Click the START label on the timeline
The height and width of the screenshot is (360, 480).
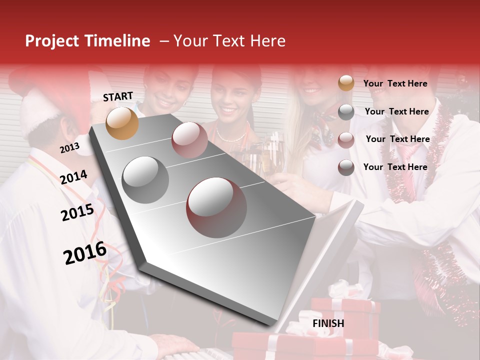tap(118, 96)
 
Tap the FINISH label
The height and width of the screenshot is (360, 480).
tap(328, 323)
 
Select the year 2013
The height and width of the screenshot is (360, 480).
tap(69, 148)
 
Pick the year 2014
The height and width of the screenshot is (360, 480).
tap(74, 177)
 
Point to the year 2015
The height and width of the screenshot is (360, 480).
tap(77, 213)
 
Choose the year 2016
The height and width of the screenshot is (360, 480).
tap(85, 253)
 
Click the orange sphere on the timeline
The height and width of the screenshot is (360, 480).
tap(122, 123)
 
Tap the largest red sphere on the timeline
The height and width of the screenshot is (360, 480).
tap(216, 207)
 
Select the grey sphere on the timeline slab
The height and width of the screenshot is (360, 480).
tap(145, 179)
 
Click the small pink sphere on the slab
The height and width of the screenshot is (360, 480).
tap(189, 140)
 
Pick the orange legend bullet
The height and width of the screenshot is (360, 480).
tap(346, 83)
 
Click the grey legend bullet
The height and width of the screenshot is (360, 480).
tap(346, 112)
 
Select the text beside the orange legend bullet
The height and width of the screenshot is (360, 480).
tap(395, 83)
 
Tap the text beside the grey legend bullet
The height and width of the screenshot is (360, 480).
tap(396, 111)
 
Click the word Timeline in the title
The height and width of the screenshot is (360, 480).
tap(117, 41)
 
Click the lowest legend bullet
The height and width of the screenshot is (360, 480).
tap(346, 167)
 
